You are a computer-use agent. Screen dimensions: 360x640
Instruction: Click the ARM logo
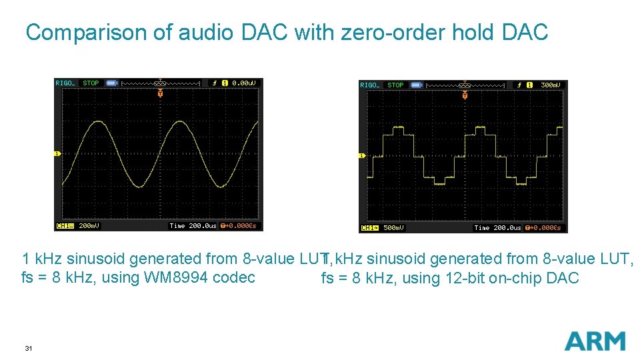click(x=595, y=341)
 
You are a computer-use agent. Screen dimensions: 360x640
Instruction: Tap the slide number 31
click(x=28, y=348)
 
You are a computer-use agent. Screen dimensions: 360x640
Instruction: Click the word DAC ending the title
click(x=525, y=32)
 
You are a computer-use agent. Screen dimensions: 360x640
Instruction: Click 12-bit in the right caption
click(x=465, y=278)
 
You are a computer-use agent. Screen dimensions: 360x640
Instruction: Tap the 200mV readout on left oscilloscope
click(x=89, y=226)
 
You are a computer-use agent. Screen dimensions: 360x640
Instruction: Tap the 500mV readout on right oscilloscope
click(x=393, y=228)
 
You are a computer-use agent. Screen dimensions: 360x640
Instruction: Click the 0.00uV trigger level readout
click(x=243, y=83)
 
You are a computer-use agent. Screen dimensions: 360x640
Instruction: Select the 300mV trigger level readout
click(x=551, y=85)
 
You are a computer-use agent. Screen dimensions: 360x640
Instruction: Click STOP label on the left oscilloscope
click(x=91, y=83)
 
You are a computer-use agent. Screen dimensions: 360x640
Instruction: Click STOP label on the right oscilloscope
click(x=395, y=85)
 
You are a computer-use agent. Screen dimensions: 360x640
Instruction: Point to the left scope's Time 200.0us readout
click(x=193, y=226)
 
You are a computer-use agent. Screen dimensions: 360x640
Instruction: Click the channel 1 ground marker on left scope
click(x=57, y=154)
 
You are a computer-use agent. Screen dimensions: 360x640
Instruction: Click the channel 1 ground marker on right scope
click(x=362, y=156)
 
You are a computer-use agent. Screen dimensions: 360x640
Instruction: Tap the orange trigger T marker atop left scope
click(x=160, y=94)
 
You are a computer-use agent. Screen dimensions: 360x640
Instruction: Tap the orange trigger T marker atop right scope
click(x=465, y=96)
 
